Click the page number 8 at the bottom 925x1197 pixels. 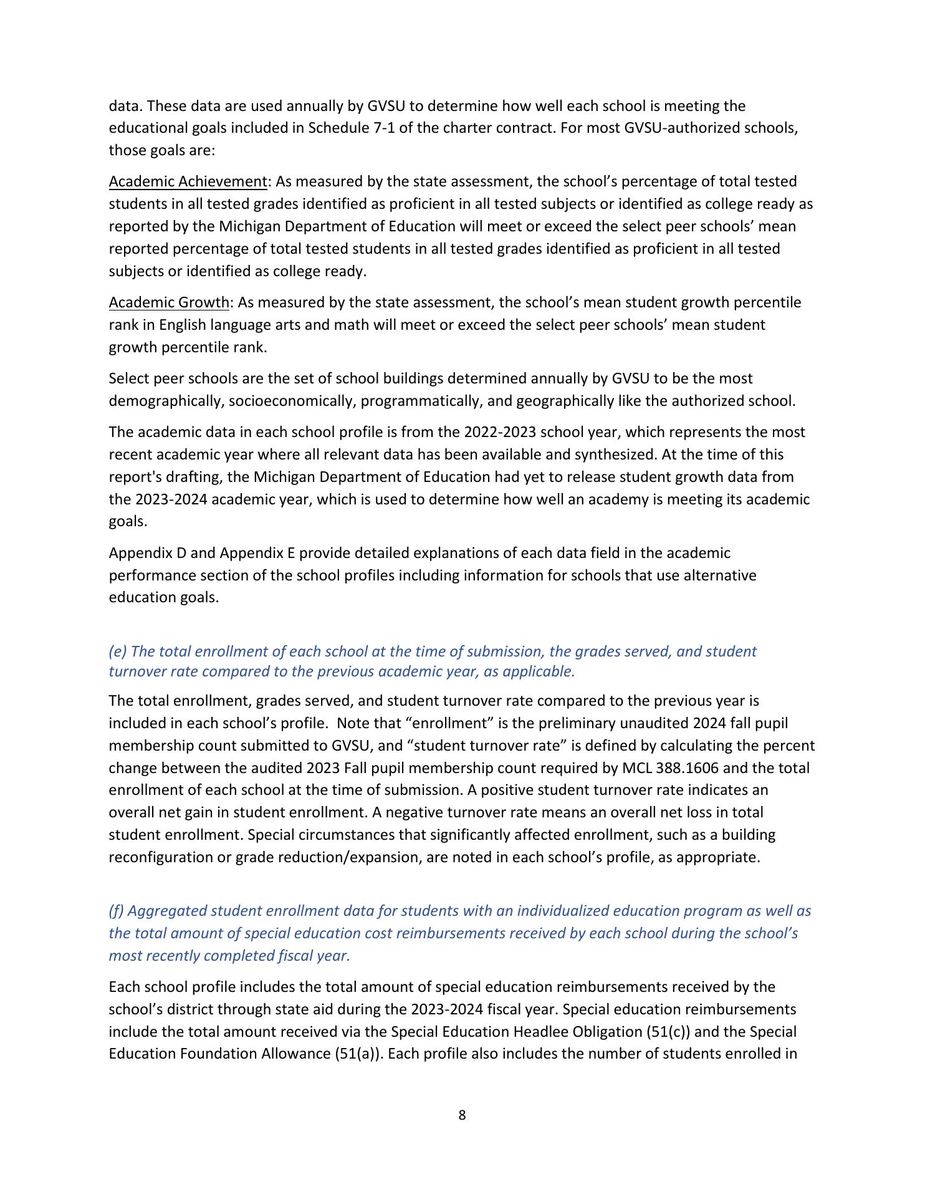tap(462, 1115)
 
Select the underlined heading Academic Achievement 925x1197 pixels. tap(188, 181)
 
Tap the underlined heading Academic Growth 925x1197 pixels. tap(169, 302)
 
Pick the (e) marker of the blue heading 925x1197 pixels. tap(118, 651)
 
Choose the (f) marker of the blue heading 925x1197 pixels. tap(117, 911)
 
